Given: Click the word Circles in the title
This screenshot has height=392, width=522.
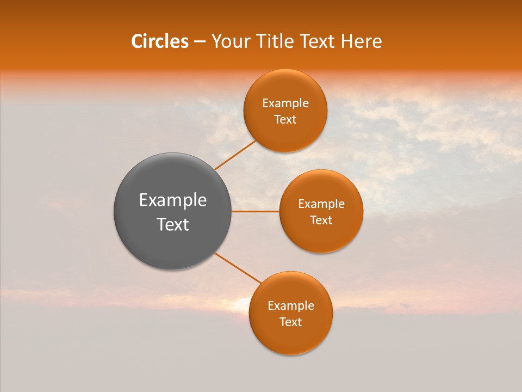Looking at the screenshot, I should coord(160,41).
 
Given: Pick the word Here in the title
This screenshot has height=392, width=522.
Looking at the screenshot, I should coord(362,41).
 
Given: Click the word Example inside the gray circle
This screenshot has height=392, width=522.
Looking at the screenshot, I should coord(173,200).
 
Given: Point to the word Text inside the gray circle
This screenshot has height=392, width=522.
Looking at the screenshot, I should coord(173,224).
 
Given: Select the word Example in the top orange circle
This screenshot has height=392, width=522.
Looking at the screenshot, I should coord(285,103).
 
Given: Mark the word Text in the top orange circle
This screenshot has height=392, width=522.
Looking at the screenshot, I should coord(285,120).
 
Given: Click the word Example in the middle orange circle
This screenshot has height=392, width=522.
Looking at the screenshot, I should coord(321,204).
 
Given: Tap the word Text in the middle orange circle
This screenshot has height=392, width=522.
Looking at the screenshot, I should coord(321,220).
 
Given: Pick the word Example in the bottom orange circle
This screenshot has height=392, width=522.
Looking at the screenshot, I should coord(291,306).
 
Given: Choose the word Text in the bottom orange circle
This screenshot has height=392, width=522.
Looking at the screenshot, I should coord(291,322).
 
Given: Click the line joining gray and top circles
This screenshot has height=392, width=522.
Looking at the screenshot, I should coord(235,155).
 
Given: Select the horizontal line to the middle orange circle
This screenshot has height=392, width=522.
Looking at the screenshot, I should coord(256,211).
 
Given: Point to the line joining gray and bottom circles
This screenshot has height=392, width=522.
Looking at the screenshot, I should coord(238,268).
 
